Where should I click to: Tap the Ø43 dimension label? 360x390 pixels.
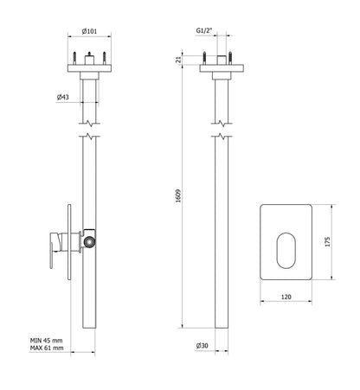[x=64, y=97]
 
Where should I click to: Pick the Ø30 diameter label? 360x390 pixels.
[x=204, y=346]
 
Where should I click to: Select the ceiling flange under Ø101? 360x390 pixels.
[x=89, y=70]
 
